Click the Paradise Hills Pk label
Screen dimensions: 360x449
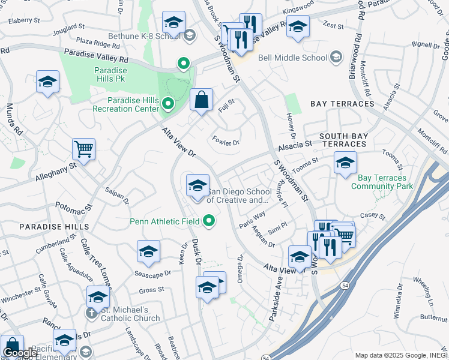110,74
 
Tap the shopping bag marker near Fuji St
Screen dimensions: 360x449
202,100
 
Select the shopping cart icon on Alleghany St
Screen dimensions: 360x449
83,149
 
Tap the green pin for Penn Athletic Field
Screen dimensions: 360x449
209,221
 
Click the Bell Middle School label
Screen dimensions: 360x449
293,58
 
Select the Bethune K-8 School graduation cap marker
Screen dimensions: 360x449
173,25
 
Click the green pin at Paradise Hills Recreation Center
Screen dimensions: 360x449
168,104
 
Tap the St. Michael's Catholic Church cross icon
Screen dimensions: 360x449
91,313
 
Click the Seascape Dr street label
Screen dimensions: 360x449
152,272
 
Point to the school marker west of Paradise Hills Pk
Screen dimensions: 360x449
47,83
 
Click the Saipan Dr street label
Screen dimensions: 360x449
117,198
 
